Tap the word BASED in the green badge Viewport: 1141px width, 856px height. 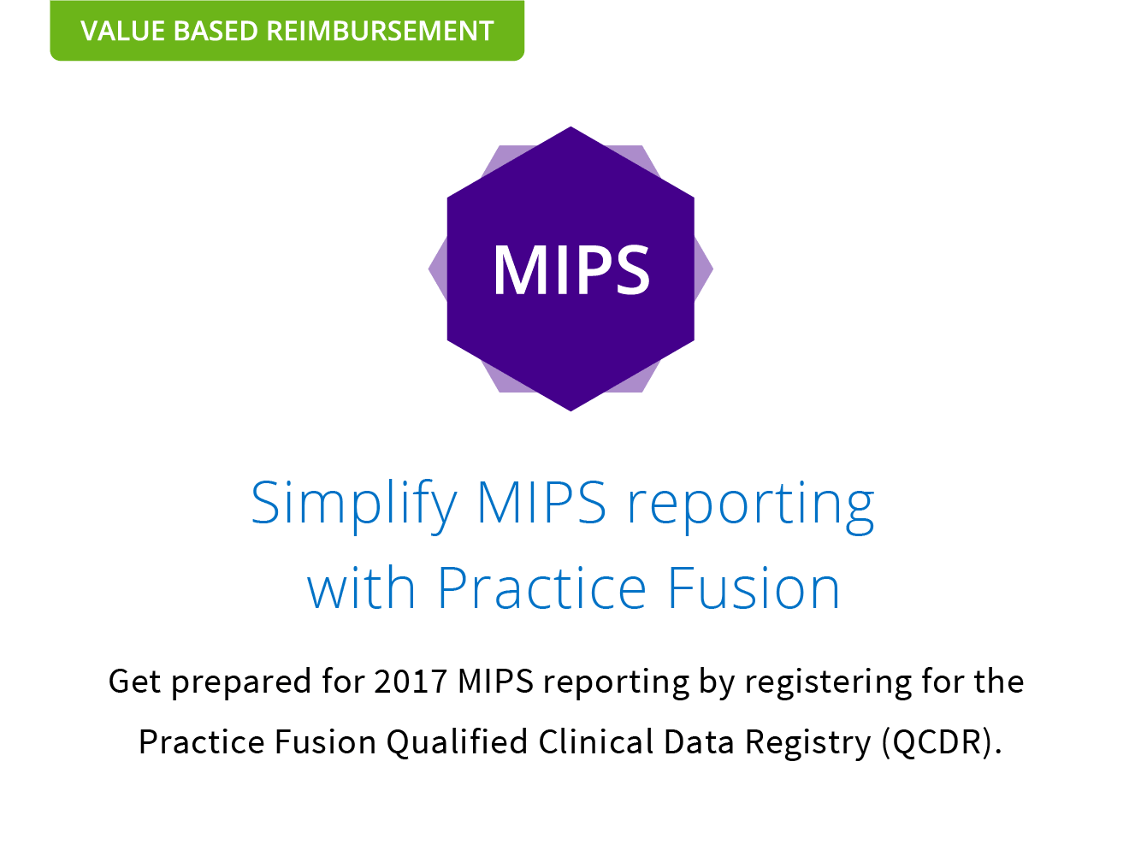click(216, 31)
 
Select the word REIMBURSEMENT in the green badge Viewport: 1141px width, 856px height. click(380, 31)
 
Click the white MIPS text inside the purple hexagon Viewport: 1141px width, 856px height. click(571, 269)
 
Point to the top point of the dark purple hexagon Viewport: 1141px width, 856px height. click(570, 127)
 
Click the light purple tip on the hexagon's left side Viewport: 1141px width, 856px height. click(430, 269)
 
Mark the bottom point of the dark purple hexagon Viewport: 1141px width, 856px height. click(570, 410)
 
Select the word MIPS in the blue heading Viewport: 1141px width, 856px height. click(541, 502)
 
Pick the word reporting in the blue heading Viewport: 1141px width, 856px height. click(751, 505)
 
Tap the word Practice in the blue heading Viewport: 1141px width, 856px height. click(542, 587)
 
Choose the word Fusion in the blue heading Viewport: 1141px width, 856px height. click(754, 587)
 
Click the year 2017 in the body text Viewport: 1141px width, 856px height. click(411, 681)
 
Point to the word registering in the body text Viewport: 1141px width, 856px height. click(828, 682)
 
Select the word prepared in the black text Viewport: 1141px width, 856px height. click(241, 682)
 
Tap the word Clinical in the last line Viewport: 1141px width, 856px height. click(595, 741)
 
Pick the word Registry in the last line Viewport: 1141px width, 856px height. click(807, 743)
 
